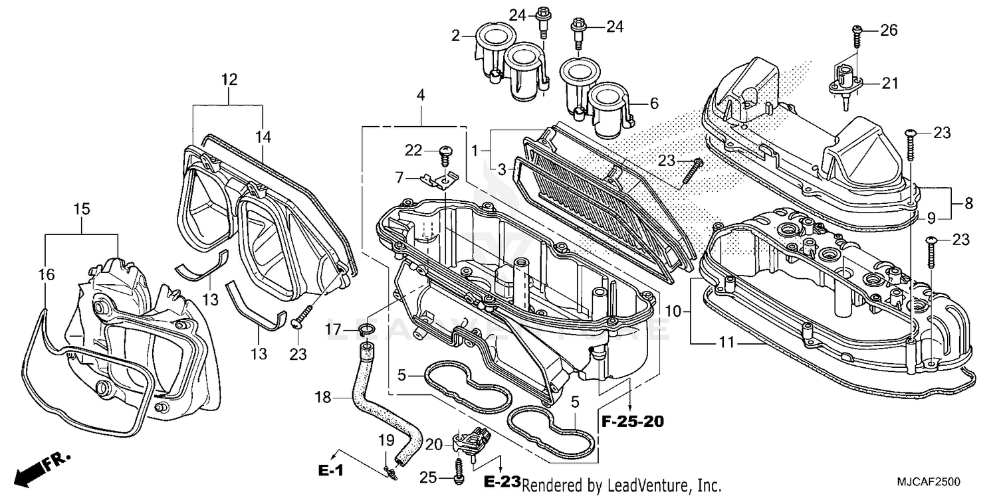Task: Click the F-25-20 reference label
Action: click(x=632, y=421)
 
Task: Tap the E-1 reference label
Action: click(x=330, y=471)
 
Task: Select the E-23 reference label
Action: click(x=502, y=480)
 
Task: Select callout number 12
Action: click(x=229, y=80)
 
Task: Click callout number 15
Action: click(x=81, y=208)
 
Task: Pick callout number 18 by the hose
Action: click(x=322, y=398)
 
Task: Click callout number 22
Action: click(x=413, y=151)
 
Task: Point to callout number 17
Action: click(x=334, y=329)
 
